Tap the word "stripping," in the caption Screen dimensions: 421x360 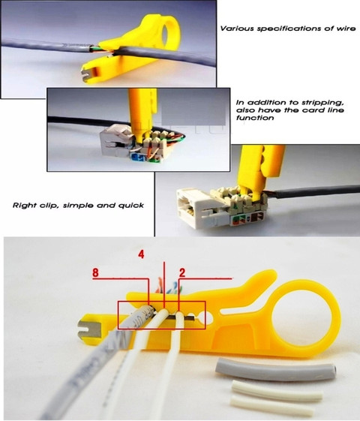coord(320,101)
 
